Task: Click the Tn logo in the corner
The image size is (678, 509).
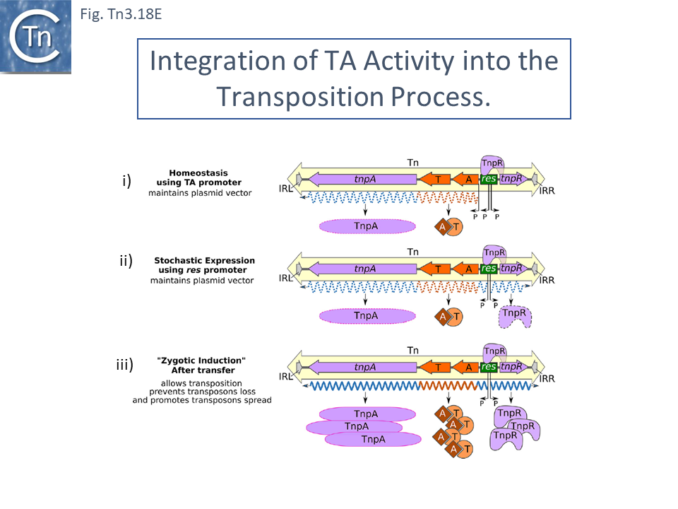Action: (x=36, y=37)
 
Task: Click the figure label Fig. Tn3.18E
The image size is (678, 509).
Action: (x=121, y=14)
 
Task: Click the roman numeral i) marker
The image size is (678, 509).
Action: (x=126, y=181)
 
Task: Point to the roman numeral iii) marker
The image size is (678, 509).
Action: (x=124, y=365)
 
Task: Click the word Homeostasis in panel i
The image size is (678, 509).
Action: (x=195, y=172)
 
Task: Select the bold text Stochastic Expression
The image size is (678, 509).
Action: (x=205, y=261)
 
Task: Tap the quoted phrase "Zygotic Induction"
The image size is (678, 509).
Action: (x=201, y=361)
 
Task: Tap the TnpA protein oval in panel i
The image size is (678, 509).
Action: (x=364, y=226)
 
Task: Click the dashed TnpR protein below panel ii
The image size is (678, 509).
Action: (x=514, y=315)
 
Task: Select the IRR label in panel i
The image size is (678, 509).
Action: (x=548, y=191)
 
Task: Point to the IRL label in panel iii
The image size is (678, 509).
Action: (x=286, y=378)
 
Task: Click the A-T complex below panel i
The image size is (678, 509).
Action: (x=448, y=226)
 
